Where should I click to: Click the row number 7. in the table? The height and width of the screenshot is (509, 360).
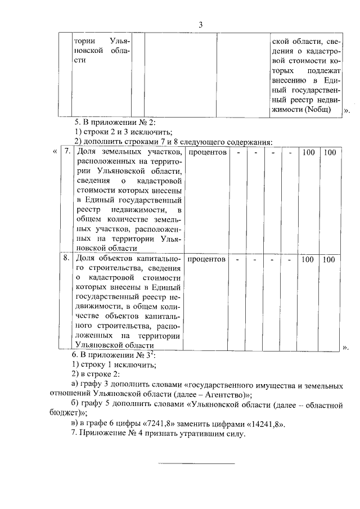(x=66, y=152)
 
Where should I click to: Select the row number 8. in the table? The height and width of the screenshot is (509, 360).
(x=66, y=259)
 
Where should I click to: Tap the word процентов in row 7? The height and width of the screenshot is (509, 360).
(x=207, y=152)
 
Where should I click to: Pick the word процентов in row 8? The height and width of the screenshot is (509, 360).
(x=207, y=259)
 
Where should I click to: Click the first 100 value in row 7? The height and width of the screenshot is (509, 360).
(x=308, y=152)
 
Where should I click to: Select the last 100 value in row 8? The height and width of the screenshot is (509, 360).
(x=329, y=259)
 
